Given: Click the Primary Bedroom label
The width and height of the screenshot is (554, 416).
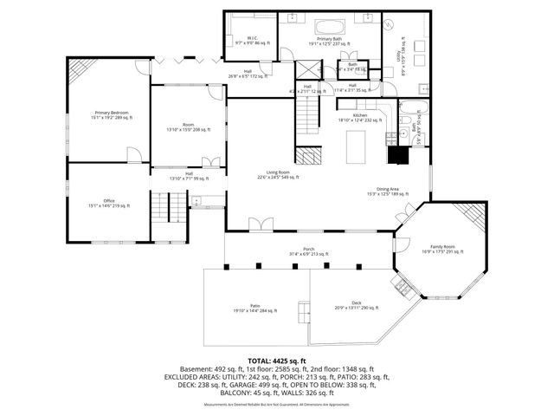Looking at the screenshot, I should [108, 114].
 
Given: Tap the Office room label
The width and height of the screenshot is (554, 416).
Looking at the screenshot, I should [108, 205].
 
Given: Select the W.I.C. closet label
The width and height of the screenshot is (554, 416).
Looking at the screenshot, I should [252, 40].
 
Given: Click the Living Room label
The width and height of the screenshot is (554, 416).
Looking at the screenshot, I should [277, 175].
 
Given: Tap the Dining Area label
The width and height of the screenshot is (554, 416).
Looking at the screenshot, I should [387, 192].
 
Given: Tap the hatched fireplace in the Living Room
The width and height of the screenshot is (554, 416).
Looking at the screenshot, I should [306, 156].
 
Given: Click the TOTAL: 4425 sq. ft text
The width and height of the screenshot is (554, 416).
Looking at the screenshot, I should [277, 361].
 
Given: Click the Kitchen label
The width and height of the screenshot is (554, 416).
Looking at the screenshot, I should [359, 117].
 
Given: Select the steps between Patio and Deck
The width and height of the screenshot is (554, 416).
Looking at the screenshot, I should [304, 310].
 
